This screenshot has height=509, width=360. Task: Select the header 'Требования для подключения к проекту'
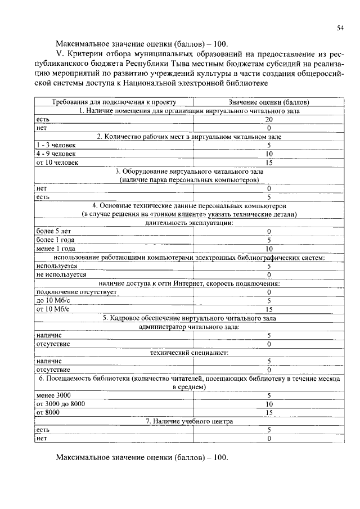pyautogui.click(x=114, y=102)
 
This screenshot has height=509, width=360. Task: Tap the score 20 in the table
pyautogui.click(x=269, y=120)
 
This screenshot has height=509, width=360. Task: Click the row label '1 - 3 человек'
pyautogui.click(x=54, y=145)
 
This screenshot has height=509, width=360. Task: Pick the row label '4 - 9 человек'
pyautogui.click(x=54, y=154)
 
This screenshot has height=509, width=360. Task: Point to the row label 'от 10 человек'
pyautogui.click(x=57, y=163)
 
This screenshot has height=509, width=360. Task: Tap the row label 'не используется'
pyautogui.click(x=61, y=274)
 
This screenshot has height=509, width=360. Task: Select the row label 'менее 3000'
pyautogui.click(x=53, y=395)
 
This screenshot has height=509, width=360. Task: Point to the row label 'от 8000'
pyautogui.click(x=48, y=412)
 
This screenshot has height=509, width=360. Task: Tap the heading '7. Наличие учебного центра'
pyautogui.click(x=189, y=421)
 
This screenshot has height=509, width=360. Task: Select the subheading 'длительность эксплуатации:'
pyautogui.click(x=189, y=223)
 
